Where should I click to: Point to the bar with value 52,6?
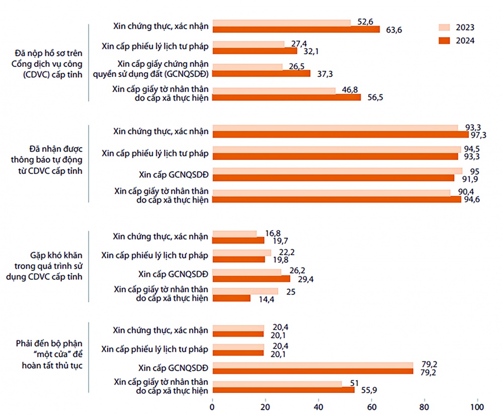(282, 23)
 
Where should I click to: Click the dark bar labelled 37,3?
(262, 73)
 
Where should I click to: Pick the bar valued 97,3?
(341, 134)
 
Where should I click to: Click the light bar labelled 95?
(338, 171)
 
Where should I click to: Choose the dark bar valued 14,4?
(231, 298)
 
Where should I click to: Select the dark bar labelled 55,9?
(283, 389)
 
